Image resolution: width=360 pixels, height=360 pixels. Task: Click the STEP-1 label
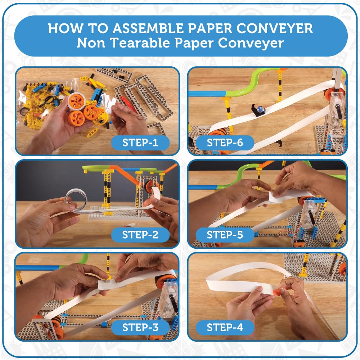pos(140,143)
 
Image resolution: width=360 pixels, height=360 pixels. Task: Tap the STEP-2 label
pos(140,235)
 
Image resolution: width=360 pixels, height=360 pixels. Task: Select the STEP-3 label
pos(140,327)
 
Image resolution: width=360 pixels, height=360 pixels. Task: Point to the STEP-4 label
pos(225,327)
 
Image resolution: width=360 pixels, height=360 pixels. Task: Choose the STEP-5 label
pos(225,235)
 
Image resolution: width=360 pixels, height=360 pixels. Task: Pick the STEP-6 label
pos(225,143)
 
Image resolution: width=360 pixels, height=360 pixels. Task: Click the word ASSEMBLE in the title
pos(148,28)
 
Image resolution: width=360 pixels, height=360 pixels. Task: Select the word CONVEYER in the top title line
pos(275,28)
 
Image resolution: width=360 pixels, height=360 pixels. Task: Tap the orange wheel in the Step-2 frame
pos(152,186)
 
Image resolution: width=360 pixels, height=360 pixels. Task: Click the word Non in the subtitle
pos(91,43)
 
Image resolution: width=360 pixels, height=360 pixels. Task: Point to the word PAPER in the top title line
pos(210,28)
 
